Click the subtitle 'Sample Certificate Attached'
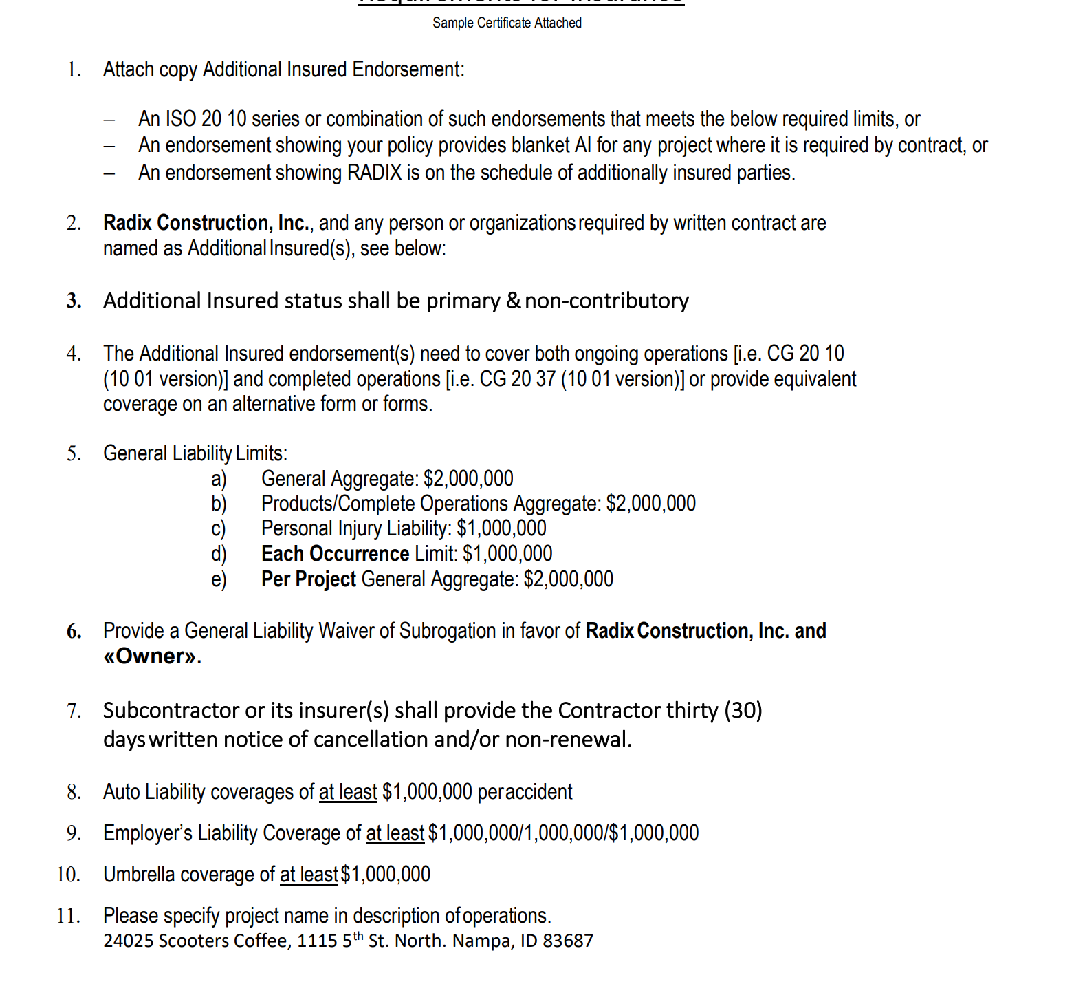(x=507, y=23)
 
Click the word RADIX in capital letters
(x=374, y=172)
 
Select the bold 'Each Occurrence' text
(x=335, y=553)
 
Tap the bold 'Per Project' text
(x=308, y=579)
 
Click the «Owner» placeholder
(x=152, y=656)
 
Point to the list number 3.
(x=74, y=301)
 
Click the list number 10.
(x=69, y=874)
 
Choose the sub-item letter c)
(x=218, y=528)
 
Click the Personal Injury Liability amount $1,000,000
(x=501, y=528)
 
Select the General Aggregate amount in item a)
(x=468, y=478)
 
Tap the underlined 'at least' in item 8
(x=348, y=792)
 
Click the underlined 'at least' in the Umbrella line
(x=309, y=875)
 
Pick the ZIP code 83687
(x=567, y=941)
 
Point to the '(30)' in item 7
(x=743, y=710)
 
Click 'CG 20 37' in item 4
(x=517, y=378)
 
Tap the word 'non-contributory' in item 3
(x=606, y=301)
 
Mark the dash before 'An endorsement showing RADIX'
(x=109, y=173)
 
